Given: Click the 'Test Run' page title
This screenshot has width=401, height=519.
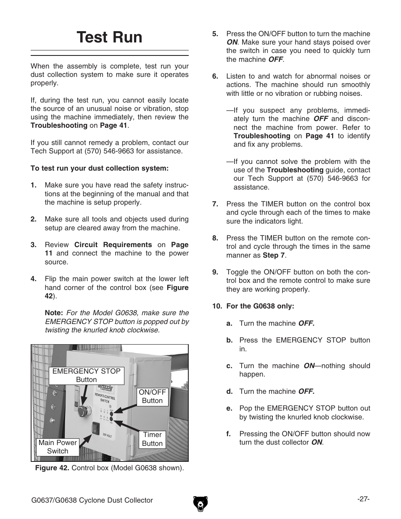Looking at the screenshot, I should (x=110, y=38).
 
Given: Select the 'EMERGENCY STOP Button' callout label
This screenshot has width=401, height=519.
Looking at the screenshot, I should (x=86, y=375).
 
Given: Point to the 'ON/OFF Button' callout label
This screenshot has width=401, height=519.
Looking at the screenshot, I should (x=152, y=396).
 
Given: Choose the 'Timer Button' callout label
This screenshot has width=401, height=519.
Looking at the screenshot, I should (x=152, y=439).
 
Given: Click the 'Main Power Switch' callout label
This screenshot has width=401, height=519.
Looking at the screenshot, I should (x=58, y=447).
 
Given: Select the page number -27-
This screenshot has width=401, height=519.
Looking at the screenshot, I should (x=363, y=499).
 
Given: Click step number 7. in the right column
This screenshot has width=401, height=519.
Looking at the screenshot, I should (x=215, y=204).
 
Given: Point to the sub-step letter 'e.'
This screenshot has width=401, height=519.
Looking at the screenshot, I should (x=229, y=408).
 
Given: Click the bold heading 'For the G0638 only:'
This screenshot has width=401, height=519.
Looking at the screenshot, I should (x=260, y=306).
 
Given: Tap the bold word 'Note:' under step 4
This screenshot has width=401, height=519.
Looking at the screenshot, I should (x=54, y=313).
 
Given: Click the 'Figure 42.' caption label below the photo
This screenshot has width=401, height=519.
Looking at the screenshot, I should (x=53, y=468).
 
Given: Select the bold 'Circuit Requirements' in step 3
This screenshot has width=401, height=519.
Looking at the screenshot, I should (x=113, y=245).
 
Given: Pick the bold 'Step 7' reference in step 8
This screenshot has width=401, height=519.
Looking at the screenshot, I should (x=274, y=255).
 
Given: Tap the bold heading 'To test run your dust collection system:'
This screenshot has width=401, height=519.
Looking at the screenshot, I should (x=100, y=168).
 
